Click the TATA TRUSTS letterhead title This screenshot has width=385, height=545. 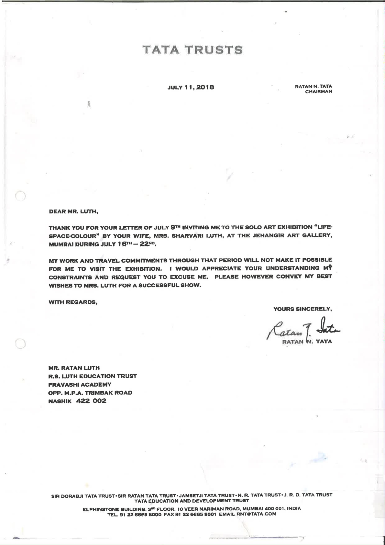click(x=192, y=50)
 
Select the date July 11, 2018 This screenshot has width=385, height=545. click(x=191, y=87)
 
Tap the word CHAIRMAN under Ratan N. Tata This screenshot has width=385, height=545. click(x=318, y=92)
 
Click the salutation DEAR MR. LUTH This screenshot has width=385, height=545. click(x=73, y=212)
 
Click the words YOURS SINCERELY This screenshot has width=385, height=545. click(x=302, y=309)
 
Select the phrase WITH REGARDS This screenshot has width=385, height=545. click(x=73, y=302)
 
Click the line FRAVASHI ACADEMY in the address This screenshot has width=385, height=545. click(x=80, y=384)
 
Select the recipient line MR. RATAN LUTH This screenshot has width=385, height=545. click(x=74, y=368)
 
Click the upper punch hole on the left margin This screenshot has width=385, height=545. click(x=20, y=196)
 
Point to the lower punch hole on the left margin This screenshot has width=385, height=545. click(x=20, y=344)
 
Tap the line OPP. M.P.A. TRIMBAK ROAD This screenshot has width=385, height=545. click(x=90, y=393)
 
